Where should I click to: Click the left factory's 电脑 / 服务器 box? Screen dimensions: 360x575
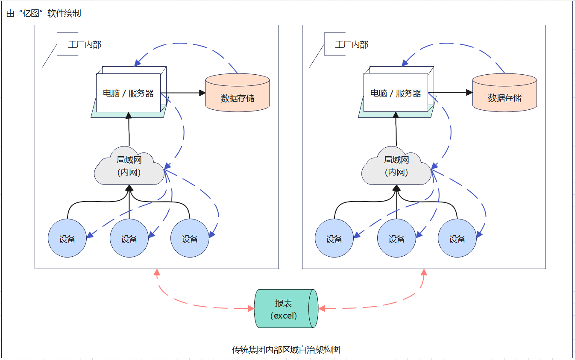[128, 93]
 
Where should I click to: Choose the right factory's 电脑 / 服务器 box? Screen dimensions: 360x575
[396, 93]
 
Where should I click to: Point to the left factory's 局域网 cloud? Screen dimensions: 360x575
[129, 166]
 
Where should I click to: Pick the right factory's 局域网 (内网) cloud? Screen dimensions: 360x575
[396, 166]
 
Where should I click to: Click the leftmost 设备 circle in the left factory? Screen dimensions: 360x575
[67, 238]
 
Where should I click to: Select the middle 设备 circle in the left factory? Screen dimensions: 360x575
[129, 238]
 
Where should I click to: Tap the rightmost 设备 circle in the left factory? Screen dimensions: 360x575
[190, 238]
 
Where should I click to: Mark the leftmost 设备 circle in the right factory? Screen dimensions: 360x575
[334, 238]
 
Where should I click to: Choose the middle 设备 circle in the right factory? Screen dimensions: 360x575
[396, 238]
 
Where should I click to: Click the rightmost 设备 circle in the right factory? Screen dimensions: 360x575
[457, 238]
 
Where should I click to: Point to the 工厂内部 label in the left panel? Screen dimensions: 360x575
[85, 44]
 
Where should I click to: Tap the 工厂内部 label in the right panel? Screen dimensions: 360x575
[352, 44]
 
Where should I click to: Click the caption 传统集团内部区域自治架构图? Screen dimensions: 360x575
[286, 350]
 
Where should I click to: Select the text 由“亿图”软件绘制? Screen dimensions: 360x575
[44, 13]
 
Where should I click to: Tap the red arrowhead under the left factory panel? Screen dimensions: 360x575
[157, 272]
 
